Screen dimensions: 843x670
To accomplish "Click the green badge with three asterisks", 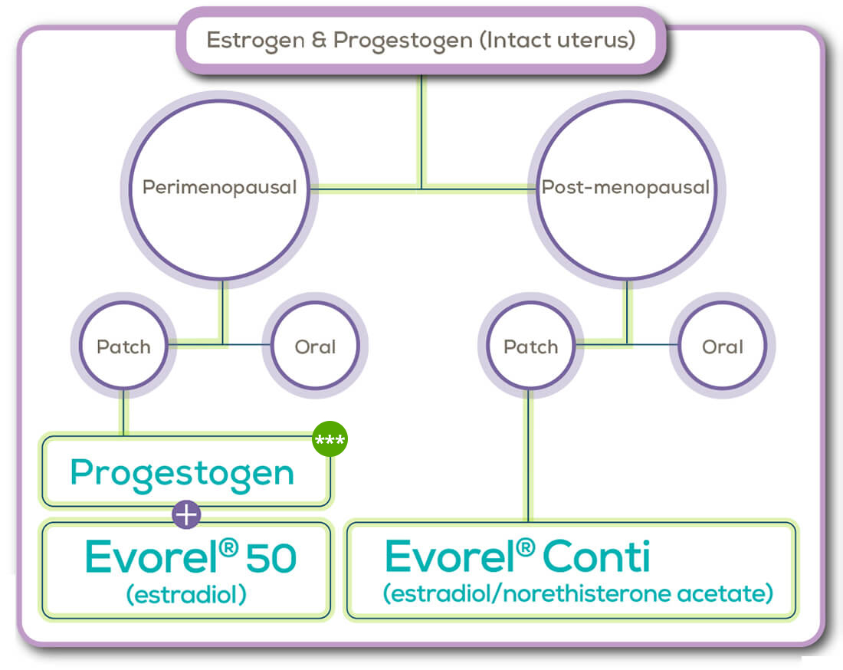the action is click(x=330, y=438).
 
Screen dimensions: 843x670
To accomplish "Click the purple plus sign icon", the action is click(x=186, y=514).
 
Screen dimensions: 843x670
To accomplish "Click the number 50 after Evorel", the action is click(x=271, y=557).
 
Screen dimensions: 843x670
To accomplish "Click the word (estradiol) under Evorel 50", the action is click(x=186, y=595).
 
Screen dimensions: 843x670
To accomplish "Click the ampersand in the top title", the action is click(x=319, y=40).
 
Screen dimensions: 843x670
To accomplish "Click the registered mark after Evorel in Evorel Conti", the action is click(x=525, y=548).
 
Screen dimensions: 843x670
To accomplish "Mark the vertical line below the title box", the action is click(x=421, y=131).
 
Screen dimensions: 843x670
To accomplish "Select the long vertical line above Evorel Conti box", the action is click(x=528, y=455).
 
